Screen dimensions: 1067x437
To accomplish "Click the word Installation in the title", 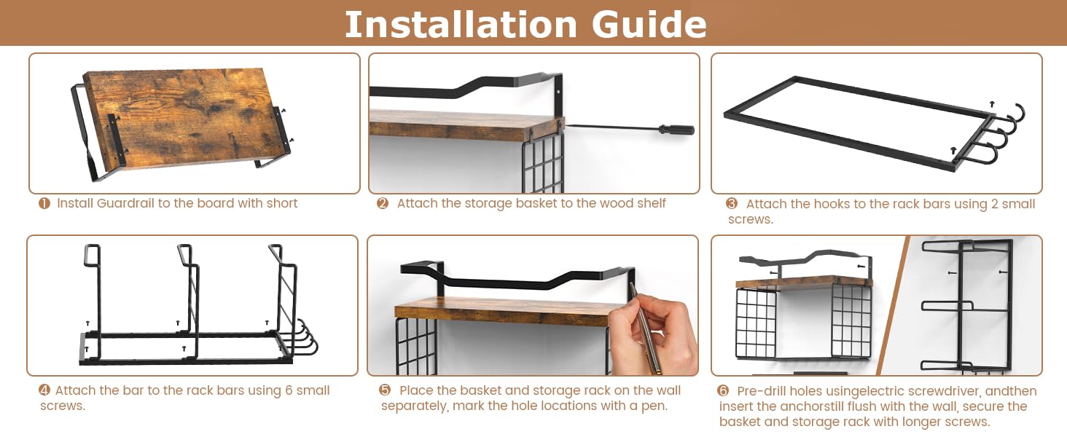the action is [x=461, y=24].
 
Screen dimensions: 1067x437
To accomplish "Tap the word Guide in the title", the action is [x=649, y=24].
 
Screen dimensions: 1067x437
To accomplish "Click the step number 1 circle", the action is [x=44, y=204].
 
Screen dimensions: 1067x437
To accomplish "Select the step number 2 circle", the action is [x=383, y=204].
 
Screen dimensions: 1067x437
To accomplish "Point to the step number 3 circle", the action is [x=732, y=204].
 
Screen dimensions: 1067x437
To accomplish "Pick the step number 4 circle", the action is [x=44, y=390].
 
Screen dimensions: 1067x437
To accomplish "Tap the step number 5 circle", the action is [x=385, y=390].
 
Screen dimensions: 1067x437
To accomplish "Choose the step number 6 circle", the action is [x=723, y=391].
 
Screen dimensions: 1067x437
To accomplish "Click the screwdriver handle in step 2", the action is [x=676, y=129].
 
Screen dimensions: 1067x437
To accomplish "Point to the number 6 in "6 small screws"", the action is [x=289, y=390].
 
